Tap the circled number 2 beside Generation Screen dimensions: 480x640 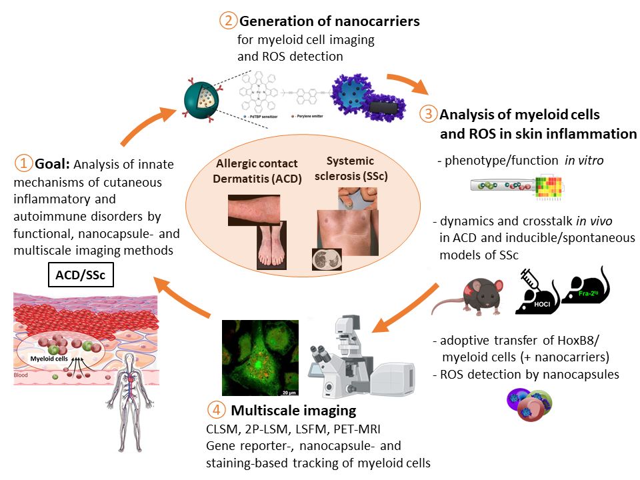tap(228, 21)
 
